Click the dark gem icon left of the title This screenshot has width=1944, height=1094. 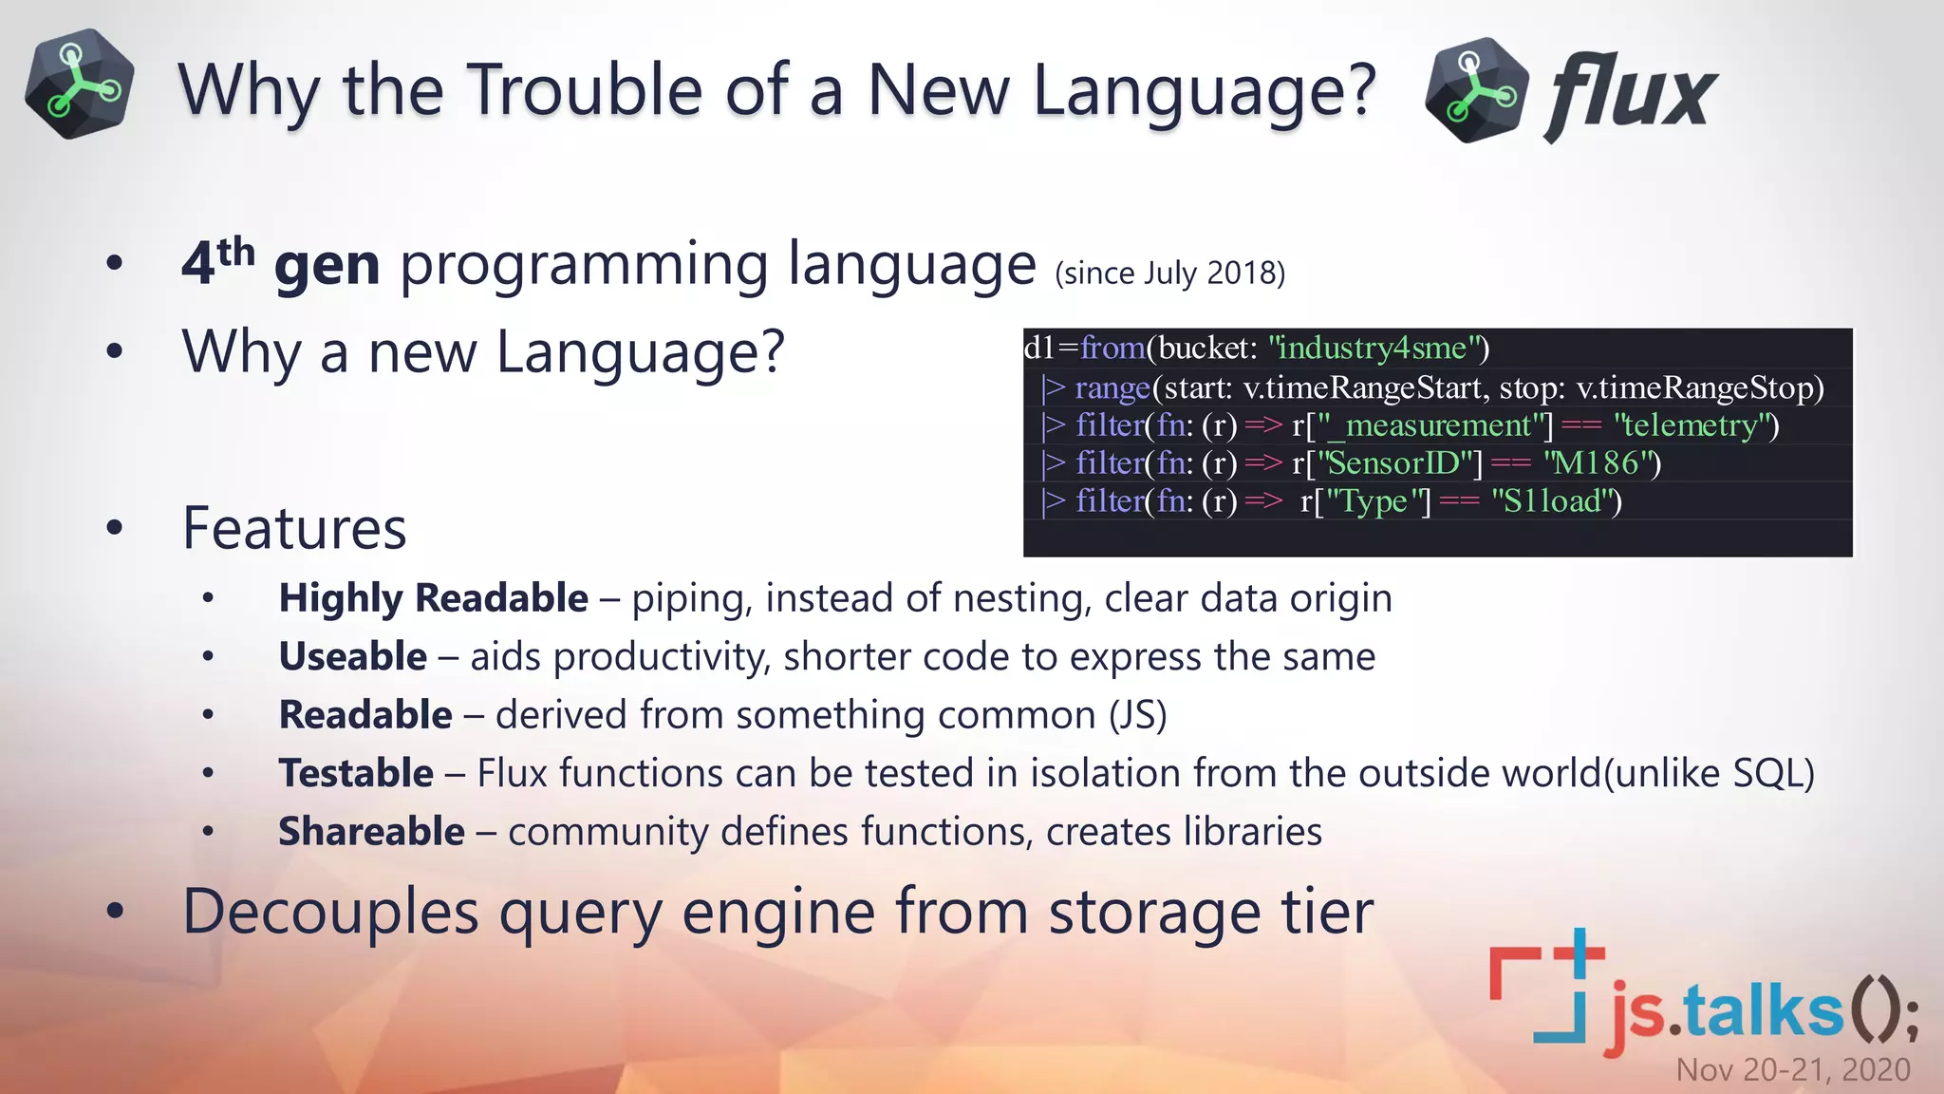pos(79,85)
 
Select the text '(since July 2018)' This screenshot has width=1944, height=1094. pos(1169,273)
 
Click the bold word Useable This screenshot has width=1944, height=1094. pos(353,657)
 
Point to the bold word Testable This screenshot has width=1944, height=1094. pos(356,773)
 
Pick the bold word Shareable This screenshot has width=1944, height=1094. pos(371,832)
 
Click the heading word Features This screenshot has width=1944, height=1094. pos(294,528)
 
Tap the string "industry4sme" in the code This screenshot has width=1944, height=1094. pos(1378,349)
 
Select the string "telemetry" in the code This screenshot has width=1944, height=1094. pos(1695,425)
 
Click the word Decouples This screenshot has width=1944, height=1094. pos(330,912)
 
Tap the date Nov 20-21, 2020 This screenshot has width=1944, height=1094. pos(1792,1070)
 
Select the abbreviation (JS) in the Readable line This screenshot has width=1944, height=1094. pos(1137,715)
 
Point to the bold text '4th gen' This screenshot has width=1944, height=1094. pos(281,263)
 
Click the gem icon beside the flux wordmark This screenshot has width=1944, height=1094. pos(1476,91)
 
